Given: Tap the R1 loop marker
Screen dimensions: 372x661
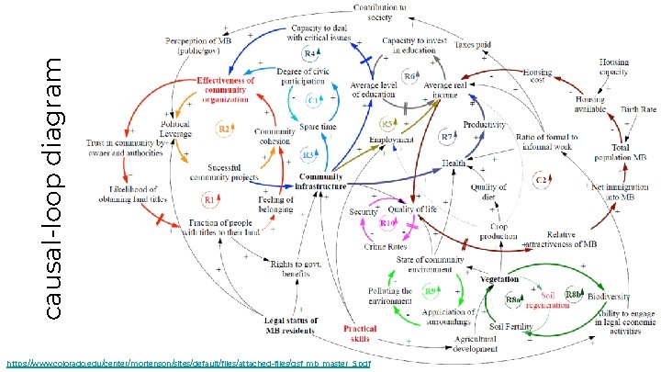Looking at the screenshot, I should click(x=209, y=198).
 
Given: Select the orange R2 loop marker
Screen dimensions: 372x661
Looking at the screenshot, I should click(x=222, y=129).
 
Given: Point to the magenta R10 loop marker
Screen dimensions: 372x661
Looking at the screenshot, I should click(x=387, y=223).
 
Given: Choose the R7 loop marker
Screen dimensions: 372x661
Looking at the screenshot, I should click(x=447, y=136).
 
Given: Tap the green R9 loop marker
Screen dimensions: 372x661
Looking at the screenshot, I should click(x=430, y=291).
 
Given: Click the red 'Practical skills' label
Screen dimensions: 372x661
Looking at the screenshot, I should click(x=360, y=333).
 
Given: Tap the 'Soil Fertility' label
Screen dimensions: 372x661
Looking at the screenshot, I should click(x=511, y=327).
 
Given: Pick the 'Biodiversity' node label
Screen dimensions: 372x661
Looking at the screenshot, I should click(x=609, y=297).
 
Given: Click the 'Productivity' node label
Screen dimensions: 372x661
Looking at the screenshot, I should click(x=485, y=124).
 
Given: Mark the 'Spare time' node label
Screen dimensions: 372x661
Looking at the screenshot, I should click(x=319, y=125).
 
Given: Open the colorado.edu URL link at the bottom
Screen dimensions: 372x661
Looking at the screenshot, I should click(x=188, y=364).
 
